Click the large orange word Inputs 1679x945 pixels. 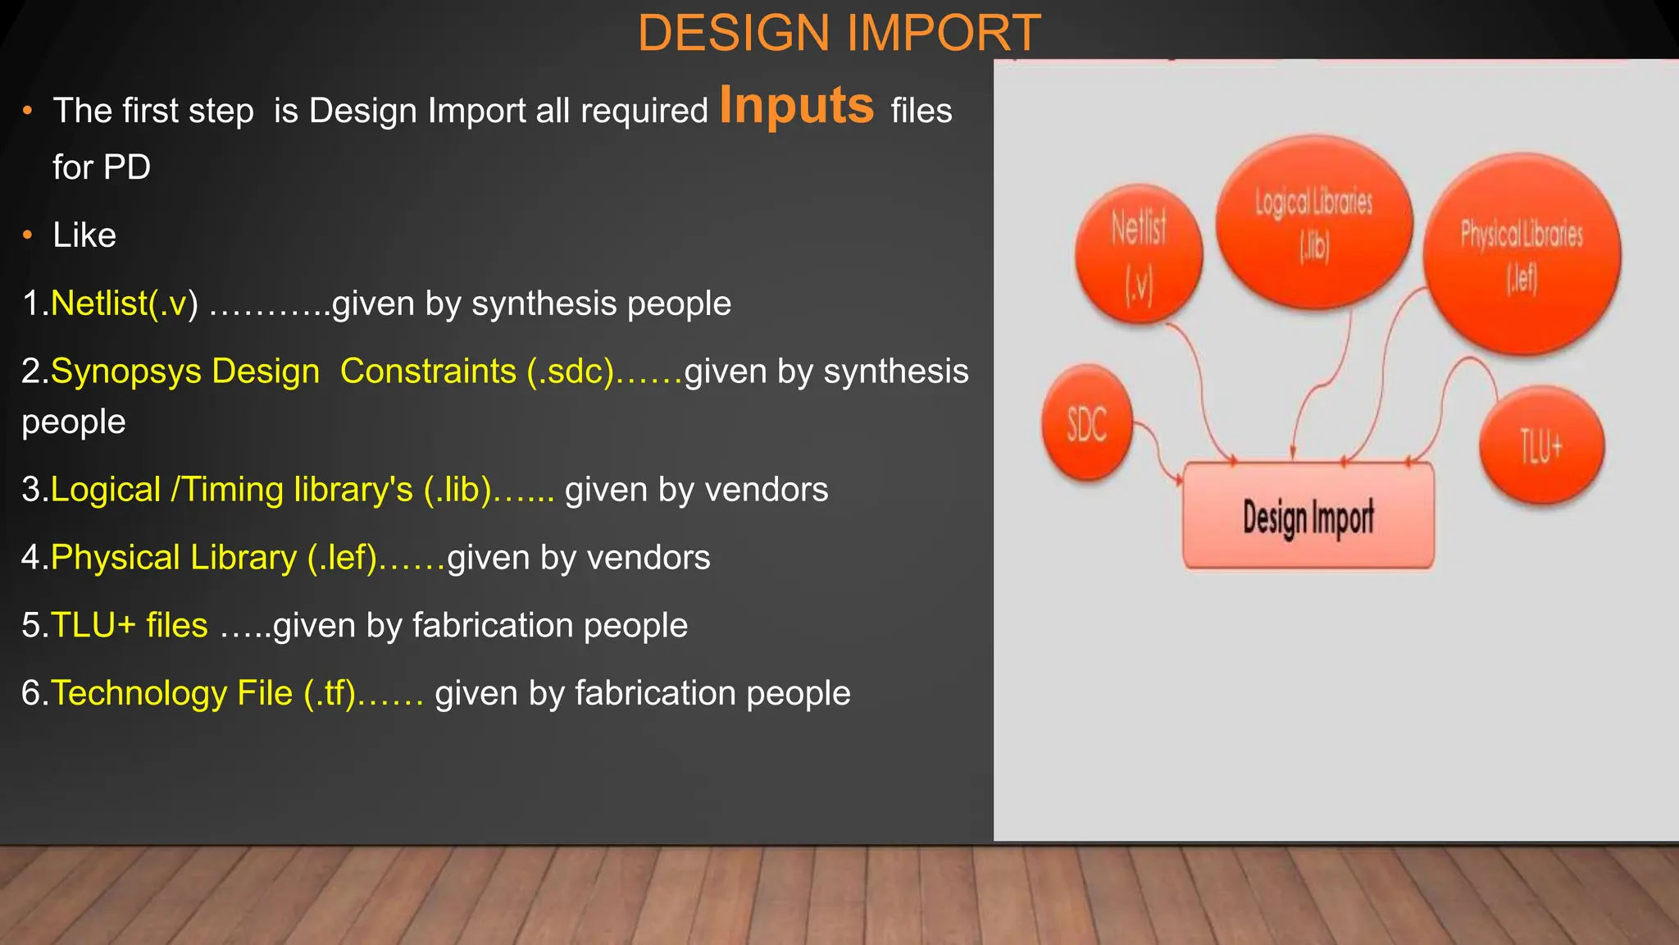[x=797, y=106]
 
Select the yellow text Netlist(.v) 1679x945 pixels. [x=124, y=304]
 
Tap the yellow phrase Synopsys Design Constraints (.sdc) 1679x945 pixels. [x=332, y=372]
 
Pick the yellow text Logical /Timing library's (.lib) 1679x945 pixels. [x=271, y=490]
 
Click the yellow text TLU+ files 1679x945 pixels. [x=130, y=626]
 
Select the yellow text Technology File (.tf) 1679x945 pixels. [x=203, y=694]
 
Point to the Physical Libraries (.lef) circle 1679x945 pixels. [x=1522, y=254]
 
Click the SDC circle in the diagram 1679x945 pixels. [x=1087, y=424]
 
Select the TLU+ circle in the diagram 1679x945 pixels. [x=1541, y=446]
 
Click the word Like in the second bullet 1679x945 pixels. [x=84, y=236]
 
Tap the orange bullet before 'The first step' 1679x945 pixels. [x=28, y=111]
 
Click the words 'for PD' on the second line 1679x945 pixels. [x=102, y=168]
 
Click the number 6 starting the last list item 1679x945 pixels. [x=30, y=694]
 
